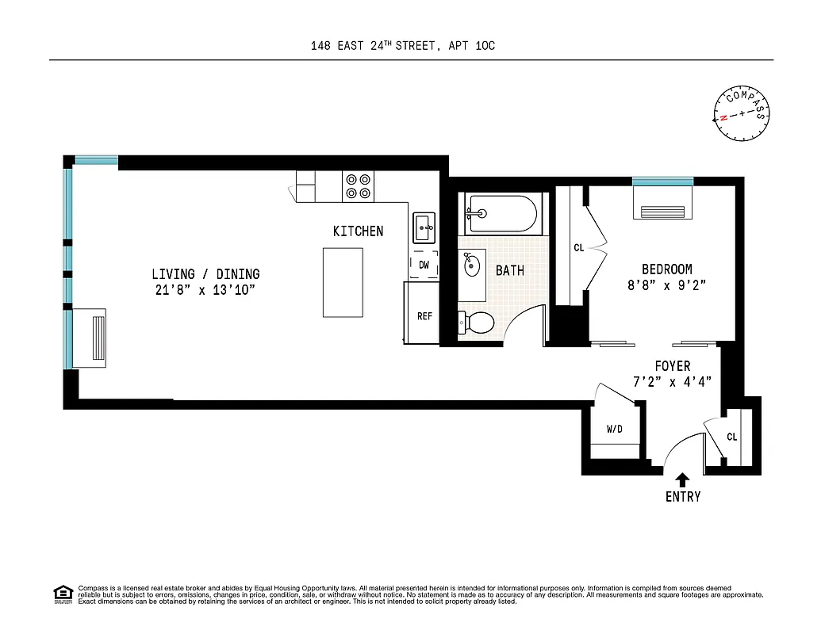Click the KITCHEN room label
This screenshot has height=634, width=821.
358,231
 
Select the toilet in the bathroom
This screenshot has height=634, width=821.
478,322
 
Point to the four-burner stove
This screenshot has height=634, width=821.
358,186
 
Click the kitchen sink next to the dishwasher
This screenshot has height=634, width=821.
423,227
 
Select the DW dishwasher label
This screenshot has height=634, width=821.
424,265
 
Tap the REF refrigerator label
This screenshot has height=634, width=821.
424,316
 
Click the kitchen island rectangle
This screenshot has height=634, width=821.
343,281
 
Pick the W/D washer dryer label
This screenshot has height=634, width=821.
615,430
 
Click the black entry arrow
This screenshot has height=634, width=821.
682,479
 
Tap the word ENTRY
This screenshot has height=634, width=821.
683,497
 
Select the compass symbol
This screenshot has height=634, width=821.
742,114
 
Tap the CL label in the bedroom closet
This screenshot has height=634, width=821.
578,248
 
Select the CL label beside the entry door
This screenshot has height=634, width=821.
731,437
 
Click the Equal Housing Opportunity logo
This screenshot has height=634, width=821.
63,594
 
